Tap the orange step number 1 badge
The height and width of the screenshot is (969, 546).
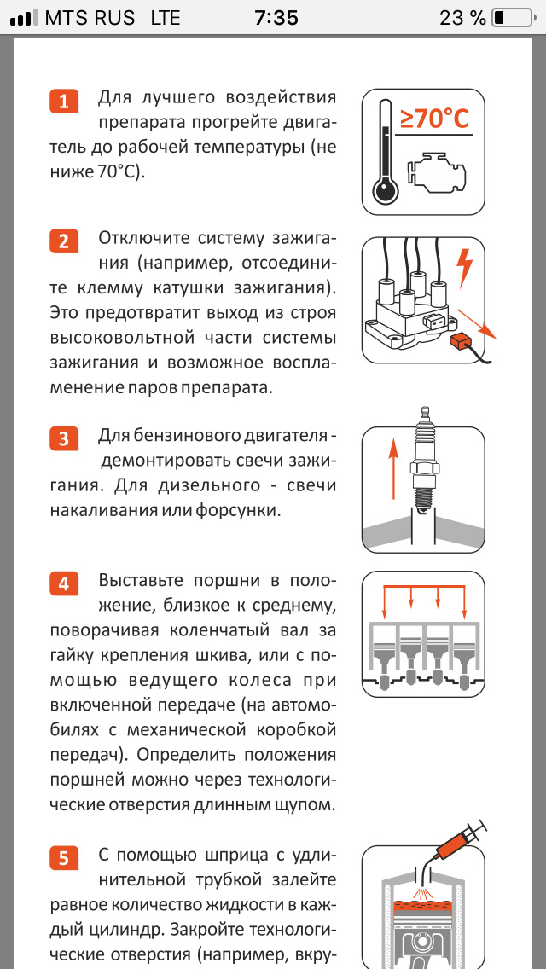(64, 102)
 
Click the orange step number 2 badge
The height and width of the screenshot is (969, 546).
(64, 241)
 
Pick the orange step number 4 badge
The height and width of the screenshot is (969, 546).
(64, 583)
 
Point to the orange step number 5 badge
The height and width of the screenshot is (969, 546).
(64, 858)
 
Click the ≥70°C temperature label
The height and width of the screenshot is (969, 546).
(433, 119)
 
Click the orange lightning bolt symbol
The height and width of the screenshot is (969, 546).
(464, 268)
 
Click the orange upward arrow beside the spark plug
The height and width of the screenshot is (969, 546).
(392, 470)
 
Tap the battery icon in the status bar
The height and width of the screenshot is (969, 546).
(512, 18)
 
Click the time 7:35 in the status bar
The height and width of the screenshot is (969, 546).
(276, 18)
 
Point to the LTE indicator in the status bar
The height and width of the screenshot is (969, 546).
(166, 18)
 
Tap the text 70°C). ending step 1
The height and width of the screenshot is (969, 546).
(120, 171)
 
